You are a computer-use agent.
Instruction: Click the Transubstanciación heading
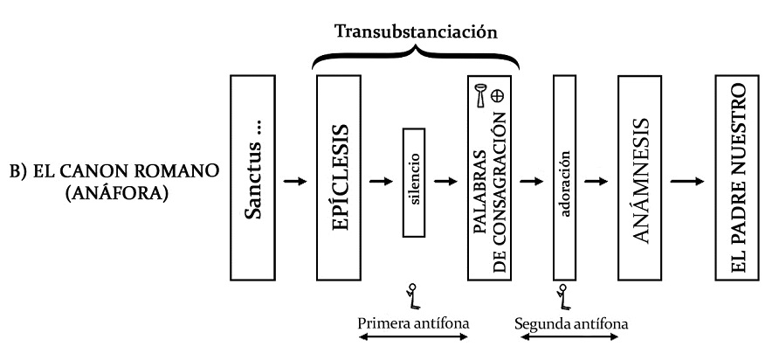point(417,33)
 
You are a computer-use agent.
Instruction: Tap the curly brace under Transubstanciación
point(417,58)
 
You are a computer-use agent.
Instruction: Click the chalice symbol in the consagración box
point(481,93)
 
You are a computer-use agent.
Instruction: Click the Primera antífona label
point(414,322)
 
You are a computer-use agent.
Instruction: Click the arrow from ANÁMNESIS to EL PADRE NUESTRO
point(689,182)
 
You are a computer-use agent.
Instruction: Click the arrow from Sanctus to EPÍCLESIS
point(296,182)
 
